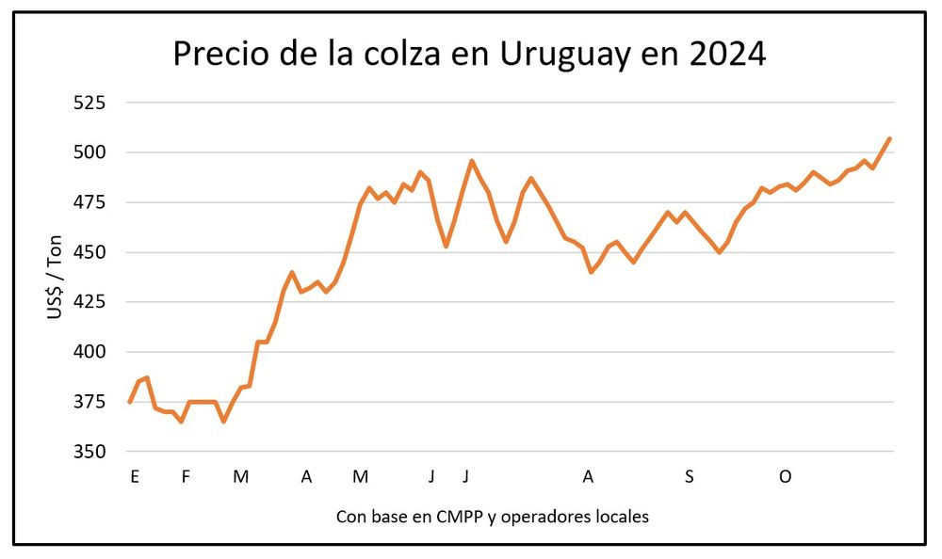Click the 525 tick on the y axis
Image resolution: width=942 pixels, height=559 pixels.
pyautogui.click(x=91, y=103)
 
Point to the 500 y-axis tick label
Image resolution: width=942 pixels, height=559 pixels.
pyautogui.click(x=91, y=152)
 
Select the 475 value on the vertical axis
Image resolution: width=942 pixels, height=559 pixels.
pyautogui.click(x=91, y=202)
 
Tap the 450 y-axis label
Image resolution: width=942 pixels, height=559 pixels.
pyautogui.click(x=91, y=252)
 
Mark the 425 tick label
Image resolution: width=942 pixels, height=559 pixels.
pyautogui.click(x=91, y=302)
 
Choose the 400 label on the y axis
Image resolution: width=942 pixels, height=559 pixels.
pyautogui.click(x=91, y=352)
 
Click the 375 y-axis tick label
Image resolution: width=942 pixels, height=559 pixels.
pyautogui.click(x=91, y=402)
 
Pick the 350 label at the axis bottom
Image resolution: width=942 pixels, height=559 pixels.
pyautogui.click(x=91, y=452)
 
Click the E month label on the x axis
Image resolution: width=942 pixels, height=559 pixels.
pyautogui.click(x=135, y=477)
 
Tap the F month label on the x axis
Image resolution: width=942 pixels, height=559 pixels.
pyautogui.click(x=186, y=477)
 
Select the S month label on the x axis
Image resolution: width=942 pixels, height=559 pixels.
pyautogui.click(x=690, y=477)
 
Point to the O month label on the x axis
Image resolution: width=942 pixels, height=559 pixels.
pyautogui.click(x=785, y=477)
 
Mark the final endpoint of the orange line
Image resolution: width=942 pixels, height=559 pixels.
pyautogui.click(x=890, y=138)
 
